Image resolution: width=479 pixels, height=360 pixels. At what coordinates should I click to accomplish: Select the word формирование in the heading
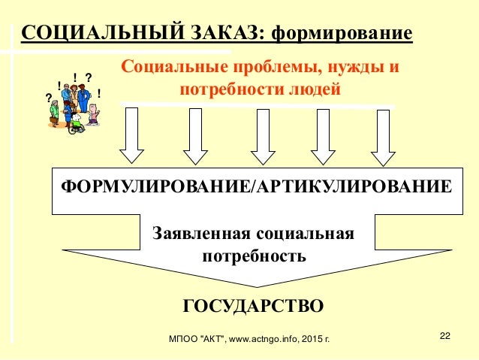[342, 33]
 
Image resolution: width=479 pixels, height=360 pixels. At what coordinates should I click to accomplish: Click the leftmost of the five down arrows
[132, 135]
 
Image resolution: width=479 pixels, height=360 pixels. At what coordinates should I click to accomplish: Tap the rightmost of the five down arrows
[383, 135]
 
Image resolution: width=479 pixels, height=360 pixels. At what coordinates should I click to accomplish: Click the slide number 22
[446, 335]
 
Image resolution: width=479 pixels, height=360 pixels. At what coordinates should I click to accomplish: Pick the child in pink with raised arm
[93, 114]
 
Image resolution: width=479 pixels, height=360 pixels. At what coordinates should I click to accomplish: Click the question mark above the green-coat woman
[49, 97]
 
